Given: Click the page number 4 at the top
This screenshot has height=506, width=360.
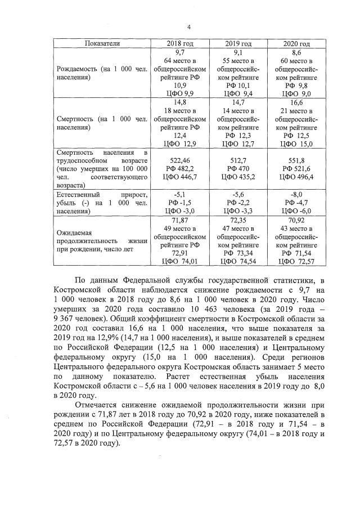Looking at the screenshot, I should tap(189, 26).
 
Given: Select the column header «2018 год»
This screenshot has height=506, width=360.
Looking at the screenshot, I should tap(179, 44).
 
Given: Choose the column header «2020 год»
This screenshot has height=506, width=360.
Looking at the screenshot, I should tap(296, 44).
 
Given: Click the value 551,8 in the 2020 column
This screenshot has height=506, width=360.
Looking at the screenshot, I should tap(296, 160).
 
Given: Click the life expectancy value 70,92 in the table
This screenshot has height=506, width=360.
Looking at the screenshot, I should tap(296, 221).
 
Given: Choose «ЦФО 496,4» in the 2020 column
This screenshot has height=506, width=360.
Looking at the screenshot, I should tap(296, 177).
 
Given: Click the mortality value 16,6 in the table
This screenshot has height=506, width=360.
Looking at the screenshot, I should tap(296, 103).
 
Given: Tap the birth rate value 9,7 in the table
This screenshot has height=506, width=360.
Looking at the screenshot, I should tap(179, 52).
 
